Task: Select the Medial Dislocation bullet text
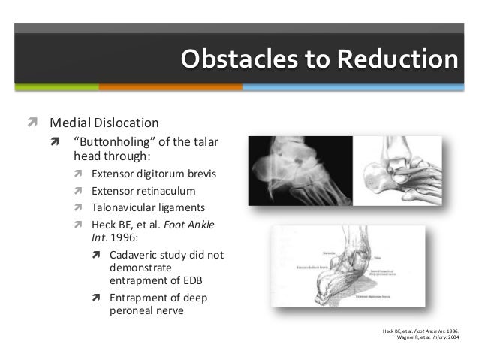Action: pos(104,122)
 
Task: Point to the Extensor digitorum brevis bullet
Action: pos(153,174)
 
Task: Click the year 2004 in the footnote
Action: pos(450,337)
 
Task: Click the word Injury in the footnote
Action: pos(435,337)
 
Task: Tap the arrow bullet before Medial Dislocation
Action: pos(32,122)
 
